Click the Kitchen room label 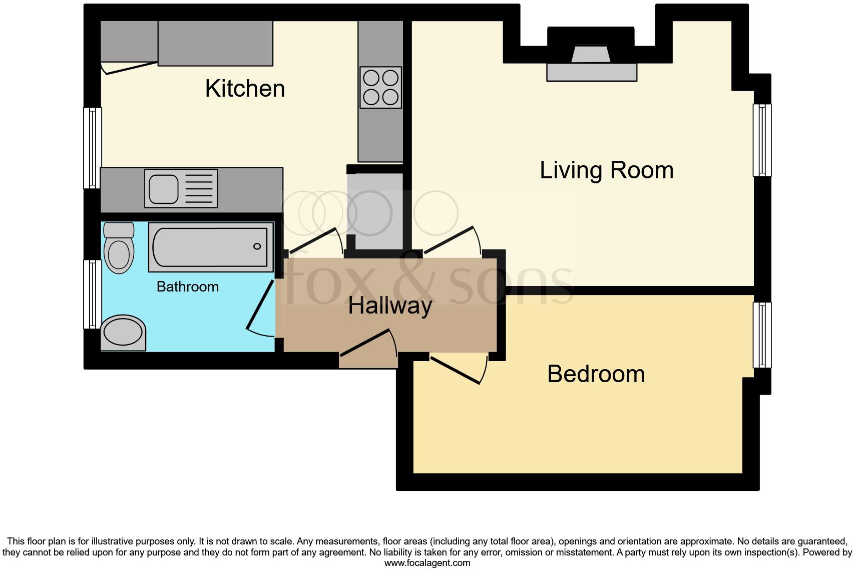pyautogui.click(x=245, y=89)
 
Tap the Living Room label pyautogui.click(x=606, y=170)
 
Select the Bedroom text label pyautogui.click(x=596, y=374)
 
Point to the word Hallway pyautogui.click(x=390, y=306)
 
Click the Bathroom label pyautogui.click(x=188, y=287)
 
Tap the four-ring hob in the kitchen pyautogui.click(x=380, y=87)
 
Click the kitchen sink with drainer pyautogui.click(x=181, y=188)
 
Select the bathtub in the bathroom pyautogui.click(x=210, y=247)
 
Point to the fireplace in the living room pyautogui.click(x=591, y=63)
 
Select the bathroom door pyautogui.click(x=261, y=307)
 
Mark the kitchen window pyautogui.click(x=92, y=148)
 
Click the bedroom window pyautogui.click(x=762, y=334)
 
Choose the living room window pyautogui.click(x=762, y=140)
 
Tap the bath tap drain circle pyautogui.click(x=257, y=246)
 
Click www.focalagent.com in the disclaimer pyautogui.click(x=426, y=563)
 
